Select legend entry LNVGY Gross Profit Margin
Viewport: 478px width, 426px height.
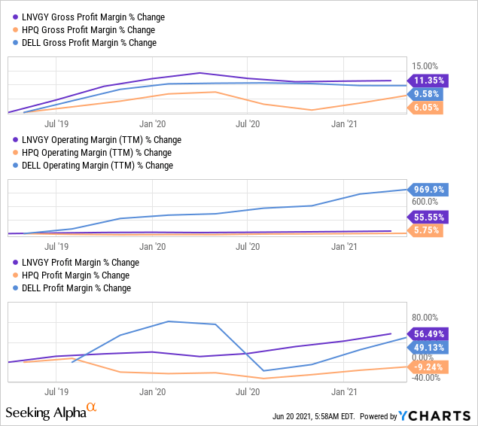coord(94,17)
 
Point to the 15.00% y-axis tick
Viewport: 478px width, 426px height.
coord(424,66)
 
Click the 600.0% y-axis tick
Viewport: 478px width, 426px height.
coord(424,202)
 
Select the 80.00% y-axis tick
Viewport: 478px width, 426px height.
coord(424,318)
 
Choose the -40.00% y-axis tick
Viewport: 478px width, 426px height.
coord(422,378)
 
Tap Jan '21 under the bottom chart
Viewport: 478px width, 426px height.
coord(344,391)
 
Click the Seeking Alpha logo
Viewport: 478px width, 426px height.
coord(50,412)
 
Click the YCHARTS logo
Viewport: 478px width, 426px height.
coord(434,415)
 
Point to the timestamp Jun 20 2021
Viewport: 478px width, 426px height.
coord(313,416)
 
